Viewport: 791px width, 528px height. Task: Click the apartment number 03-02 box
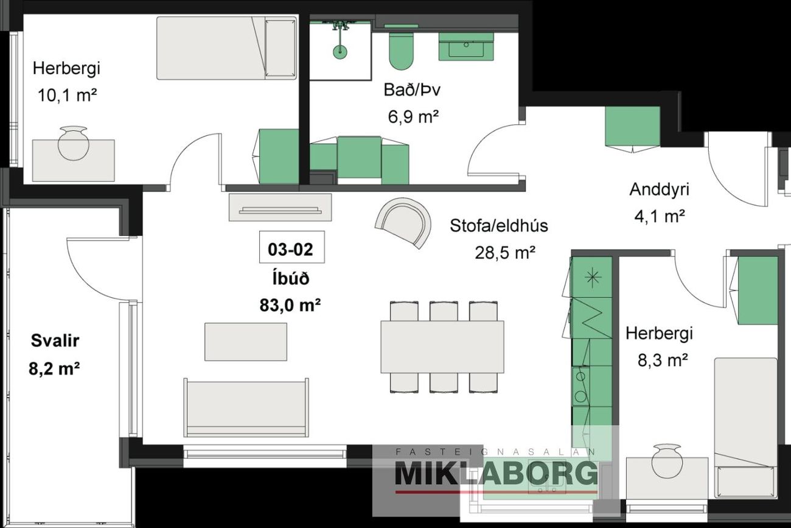(x=291, y=247)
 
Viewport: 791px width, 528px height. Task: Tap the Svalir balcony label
(x=55, y=340)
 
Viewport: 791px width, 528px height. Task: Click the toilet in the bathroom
(x=401, y=51)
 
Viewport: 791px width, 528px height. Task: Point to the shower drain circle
(x=340, y=52)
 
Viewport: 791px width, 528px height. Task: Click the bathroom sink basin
(x=466, y=47)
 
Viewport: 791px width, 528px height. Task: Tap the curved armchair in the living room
(x=403, y=222)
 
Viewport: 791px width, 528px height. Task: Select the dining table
(x=442, y=347)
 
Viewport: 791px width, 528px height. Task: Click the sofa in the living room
(x=246, y=407)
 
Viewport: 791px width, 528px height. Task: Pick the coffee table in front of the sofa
(x=246, y=342)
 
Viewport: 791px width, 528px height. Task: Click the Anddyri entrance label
(x=659, y=189)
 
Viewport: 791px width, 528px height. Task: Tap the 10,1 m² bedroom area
(x=67, y=95)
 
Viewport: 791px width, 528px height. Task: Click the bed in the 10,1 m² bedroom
(x=226, y=48)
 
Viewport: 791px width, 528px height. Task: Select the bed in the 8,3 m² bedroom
(x=745, y=428)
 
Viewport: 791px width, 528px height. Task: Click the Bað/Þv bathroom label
(x=412, y=90)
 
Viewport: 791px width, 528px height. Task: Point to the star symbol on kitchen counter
(x=593, y=276)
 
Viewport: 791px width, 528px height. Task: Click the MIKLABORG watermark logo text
(x=496, y=472)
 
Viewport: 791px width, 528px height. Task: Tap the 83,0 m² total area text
(x=290, y=305)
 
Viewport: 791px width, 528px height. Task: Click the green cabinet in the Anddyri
(x=632, y=126)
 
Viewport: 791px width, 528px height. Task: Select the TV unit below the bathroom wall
(x=280, y=207)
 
